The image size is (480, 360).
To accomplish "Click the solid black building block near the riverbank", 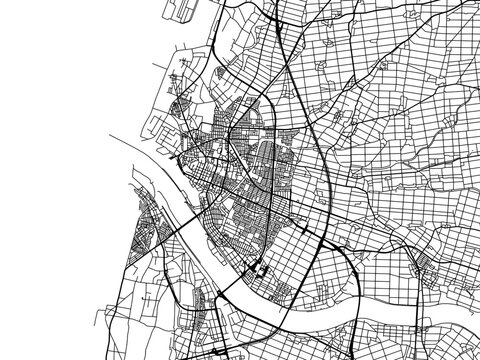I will (x=257, y=268).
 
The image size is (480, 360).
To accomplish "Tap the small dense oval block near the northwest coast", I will (x=179, y=105).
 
